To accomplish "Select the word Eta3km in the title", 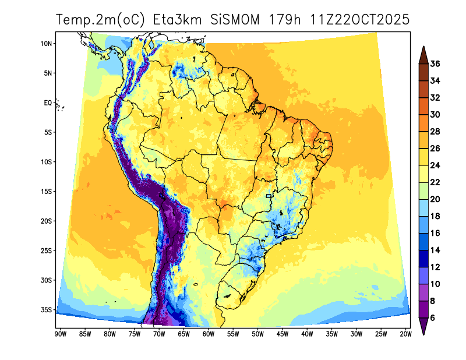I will pos(178,20).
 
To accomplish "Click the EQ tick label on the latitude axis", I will pos(48,103).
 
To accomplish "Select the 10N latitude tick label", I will pos(47,44).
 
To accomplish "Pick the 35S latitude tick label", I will pos(47,309).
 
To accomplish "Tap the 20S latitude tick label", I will pos(47,221).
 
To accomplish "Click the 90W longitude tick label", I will pos(59,334).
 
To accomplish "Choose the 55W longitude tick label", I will pos(232,334).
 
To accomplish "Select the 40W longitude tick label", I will pos(307,334).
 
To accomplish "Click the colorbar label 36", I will pos(435,63).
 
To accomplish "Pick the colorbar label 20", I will pos(435,199).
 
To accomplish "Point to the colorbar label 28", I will pos(435,132).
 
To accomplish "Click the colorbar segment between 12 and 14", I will pos(423,259).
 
